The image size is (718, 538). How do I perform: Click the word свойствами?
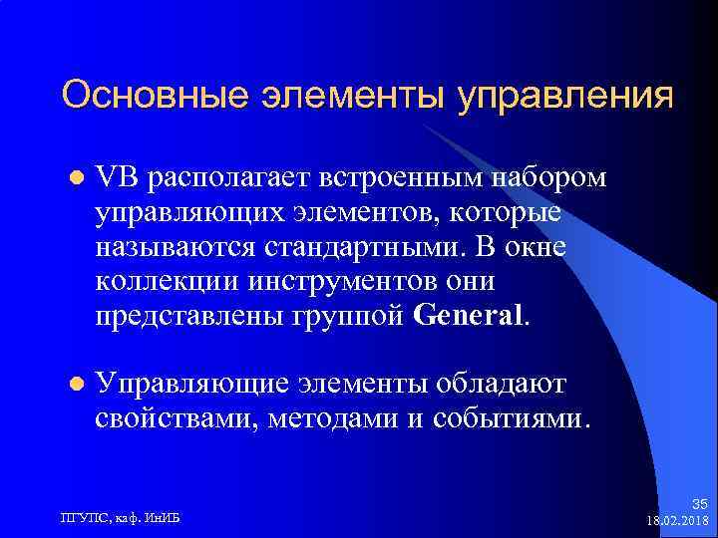[177, 417]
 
